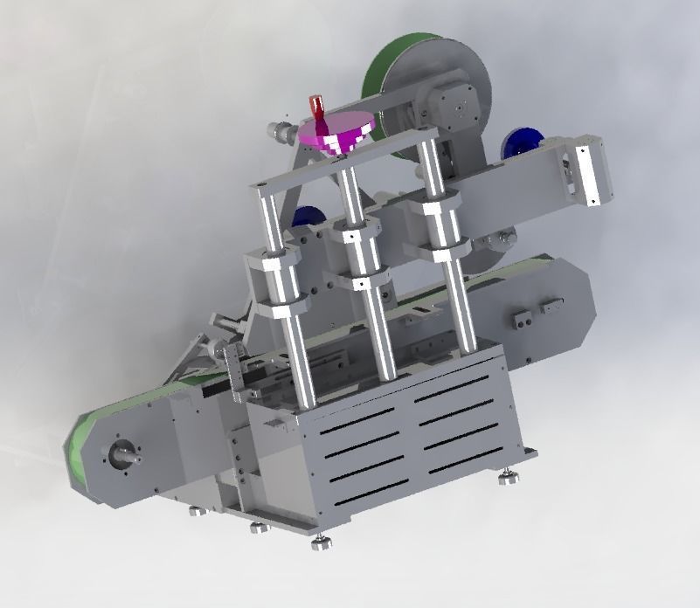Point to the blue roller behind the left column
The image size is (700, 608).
(308, 219)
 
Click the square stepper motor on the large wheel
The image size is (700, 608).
(455, 104)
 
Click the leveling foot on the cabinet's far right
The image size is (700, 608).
(508, 477)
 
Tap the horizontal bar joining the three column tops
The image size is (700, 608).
(341, 161)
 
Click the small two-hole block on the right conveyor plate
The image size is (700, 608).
(523, 320)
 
